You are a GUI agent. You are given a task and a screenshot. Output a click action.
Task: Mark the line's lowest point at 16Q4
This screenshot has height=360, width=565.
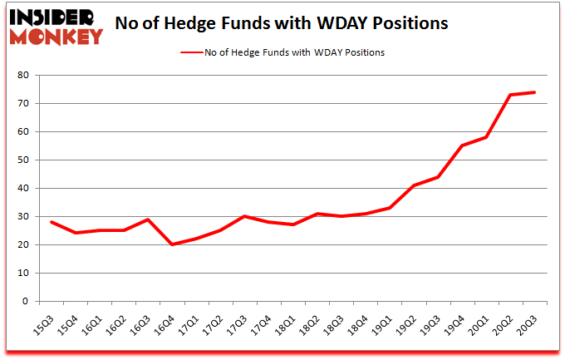coord(172,244)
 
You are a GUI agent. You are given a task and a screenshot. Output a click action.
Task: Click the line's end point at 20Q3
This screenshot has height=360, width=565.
coord(533,92)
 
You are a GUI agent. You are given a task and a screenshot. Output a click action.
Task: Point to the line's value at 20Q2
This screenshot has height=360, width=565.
coord(509,95)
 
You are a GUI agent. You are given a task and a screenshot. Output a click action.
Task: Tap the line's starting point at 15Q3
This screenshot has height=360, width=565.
coord(52,222)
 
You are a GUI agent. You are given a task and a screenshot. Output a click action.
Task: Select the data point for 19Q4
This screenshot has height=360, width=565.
coord(461,145)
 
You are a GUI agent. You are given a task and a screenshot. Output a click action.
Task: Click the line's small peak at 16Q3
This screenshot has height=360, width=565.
coord(148,219)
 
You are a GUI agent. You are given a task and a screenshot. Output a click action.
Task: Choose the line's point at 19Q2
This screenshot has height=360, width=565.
coord(413,185)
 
